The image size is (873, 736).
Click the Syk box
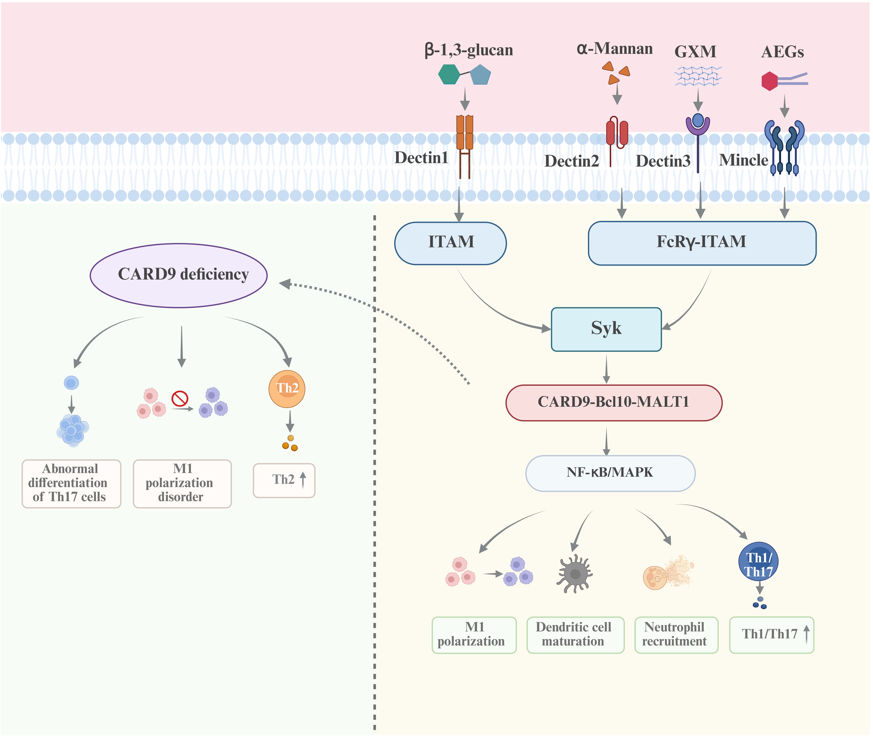pyautogui.click(x=606, y=329)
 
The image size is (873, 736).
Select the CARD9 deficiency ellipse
pyautogui.click(x=179, y=275)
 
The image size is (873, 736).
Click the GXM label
pyautogui.click(x=695, y=52)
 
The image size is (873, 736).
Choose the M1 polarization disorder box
pyautogui.click(x=182, y=484)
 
